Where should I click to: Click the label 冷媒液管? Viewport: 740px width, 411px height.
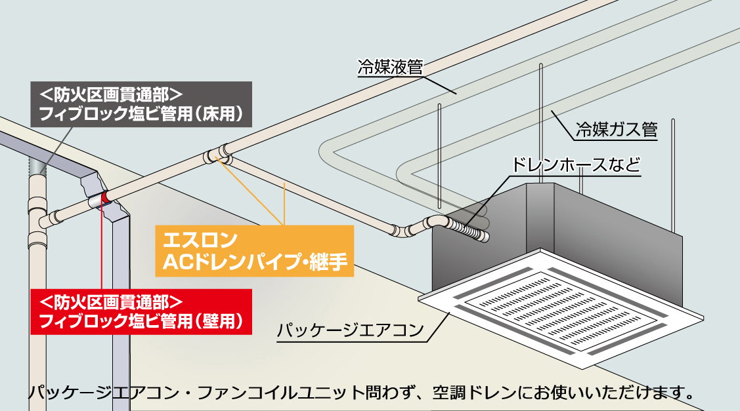coord(389,68)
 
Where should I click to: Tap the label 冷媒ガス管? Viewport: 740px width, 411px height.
coord(616,128)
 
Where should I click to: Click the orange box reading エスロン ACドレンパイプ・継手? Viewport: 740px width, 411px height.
coord(254,250)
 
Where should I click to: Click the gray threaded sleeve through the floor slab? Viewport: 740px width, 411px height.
coord(37,170)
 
